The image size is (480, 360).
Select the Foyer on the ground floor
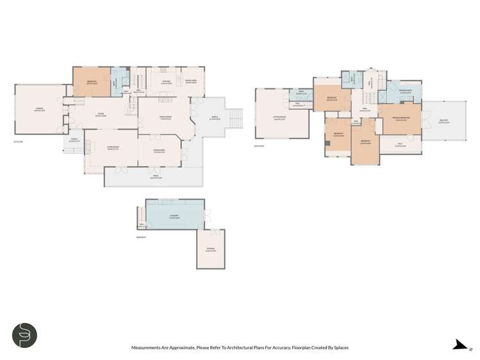coord(101,115)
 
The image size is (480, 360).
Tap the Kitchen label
coord(165,81)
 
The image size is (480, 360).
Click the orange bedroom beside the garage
coord(92,82)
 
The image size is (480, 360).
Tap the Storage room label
coord(210,249)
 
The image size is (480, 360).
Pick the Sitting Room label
coord(280,117)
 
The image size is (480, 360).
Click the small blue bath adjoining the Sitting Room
coord(300,95)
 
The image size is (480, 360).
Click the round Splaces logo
coord(24,335)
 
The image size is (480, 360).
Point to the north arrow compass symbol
coord(459,346)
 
